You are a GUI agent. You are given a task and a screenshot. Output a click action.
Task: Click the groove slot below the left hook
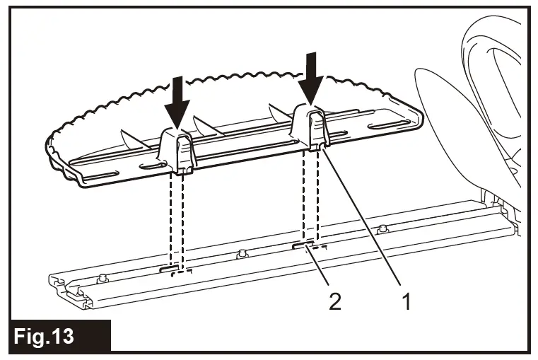point(174,269)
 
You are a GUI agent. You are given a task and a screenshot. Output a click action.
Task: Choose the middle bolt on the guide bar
point(242,253)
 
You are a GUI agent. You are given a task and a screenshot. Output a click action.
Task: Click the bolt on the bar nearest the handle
point(383,228)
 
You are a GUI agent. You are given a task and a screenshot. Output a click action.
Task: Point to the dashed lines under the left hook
point(176,219)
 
